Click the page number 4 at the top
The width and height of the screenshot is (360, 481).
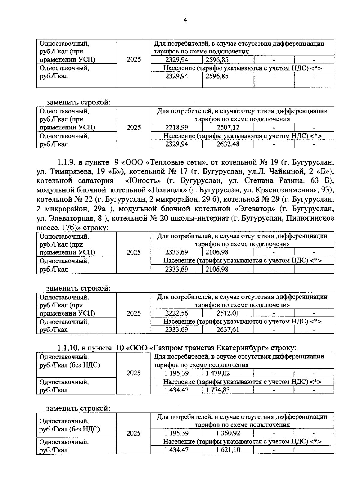pyautogui.click(x=185, y=20)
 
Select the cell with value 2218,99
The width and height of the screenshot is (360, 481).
pyautogui.click(x=177, y=127)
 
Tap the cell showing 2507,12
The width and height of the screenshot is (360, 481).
pyautogui.click(x=228, y=127)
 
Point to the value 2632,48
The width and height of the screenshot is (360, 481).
pyautogui.click(x=228, y=144)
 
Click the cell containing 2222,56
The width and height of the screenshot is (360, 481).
pyautogui.click(x=177, y=313)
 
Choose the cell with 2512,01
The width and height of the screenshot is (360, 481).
pyautogui.click(x=228, y=313)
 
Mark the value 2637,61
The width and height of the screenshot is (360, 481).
pyautogui.click(x=228, y=330)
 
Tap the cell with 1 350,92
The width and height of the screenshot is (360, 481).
pyautogui.click(x=228, y=433)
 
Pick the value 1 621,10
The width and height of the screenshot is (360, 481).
pyautogui.click(x=228, y=450)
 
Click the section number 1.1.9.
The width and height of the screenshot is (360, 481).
pyautogui.click(x=67, y=163)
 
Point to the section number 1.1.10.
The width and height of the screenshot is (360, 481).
pyautogui.click(x=68, y=348)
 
